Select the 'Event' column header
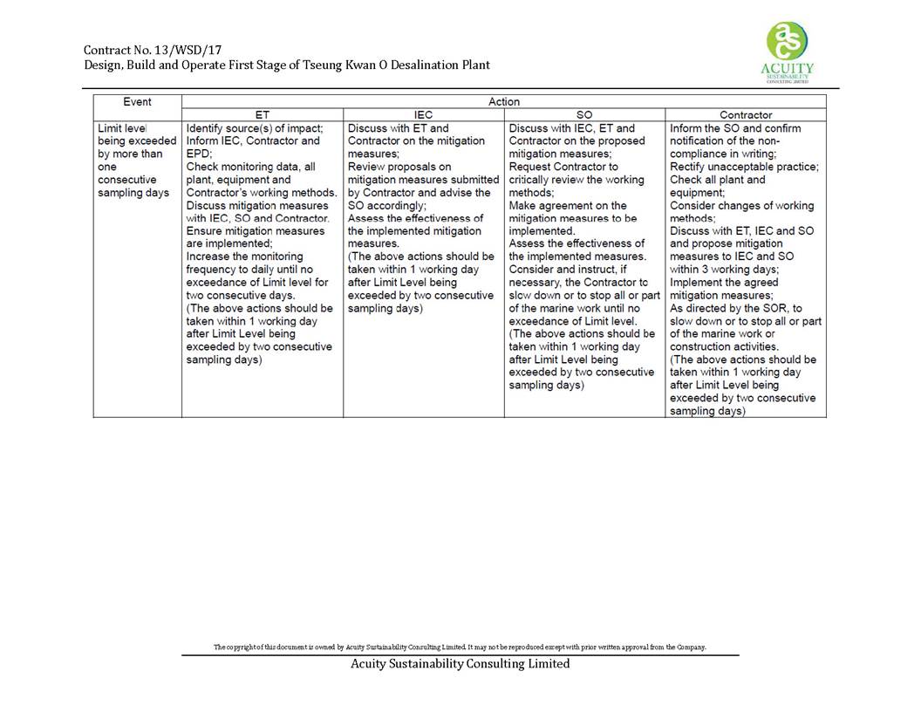coord(137,102)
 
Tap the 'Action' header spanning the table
coord(503,102)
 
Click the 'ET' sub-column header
coord(262,115)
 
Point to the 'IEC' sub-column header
coord(423,115)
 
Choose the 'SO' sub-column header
coord(584,115)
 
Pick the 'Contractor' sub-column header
coord(746,115)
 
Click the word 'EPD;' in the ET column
coord(200,154)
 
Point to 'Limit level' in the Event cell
coord(123,128)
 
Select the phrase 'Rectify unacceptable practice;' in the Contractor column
coord(744,167)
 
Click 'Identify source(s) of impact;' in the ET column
coord(255,128)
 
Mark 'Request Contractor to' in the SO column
coord(563,167)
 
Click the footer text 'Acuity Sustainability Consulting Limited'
coord(460,664)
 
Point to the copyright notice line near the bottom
coord(460,647)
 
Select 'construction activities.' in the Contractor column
coord(727,346)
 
